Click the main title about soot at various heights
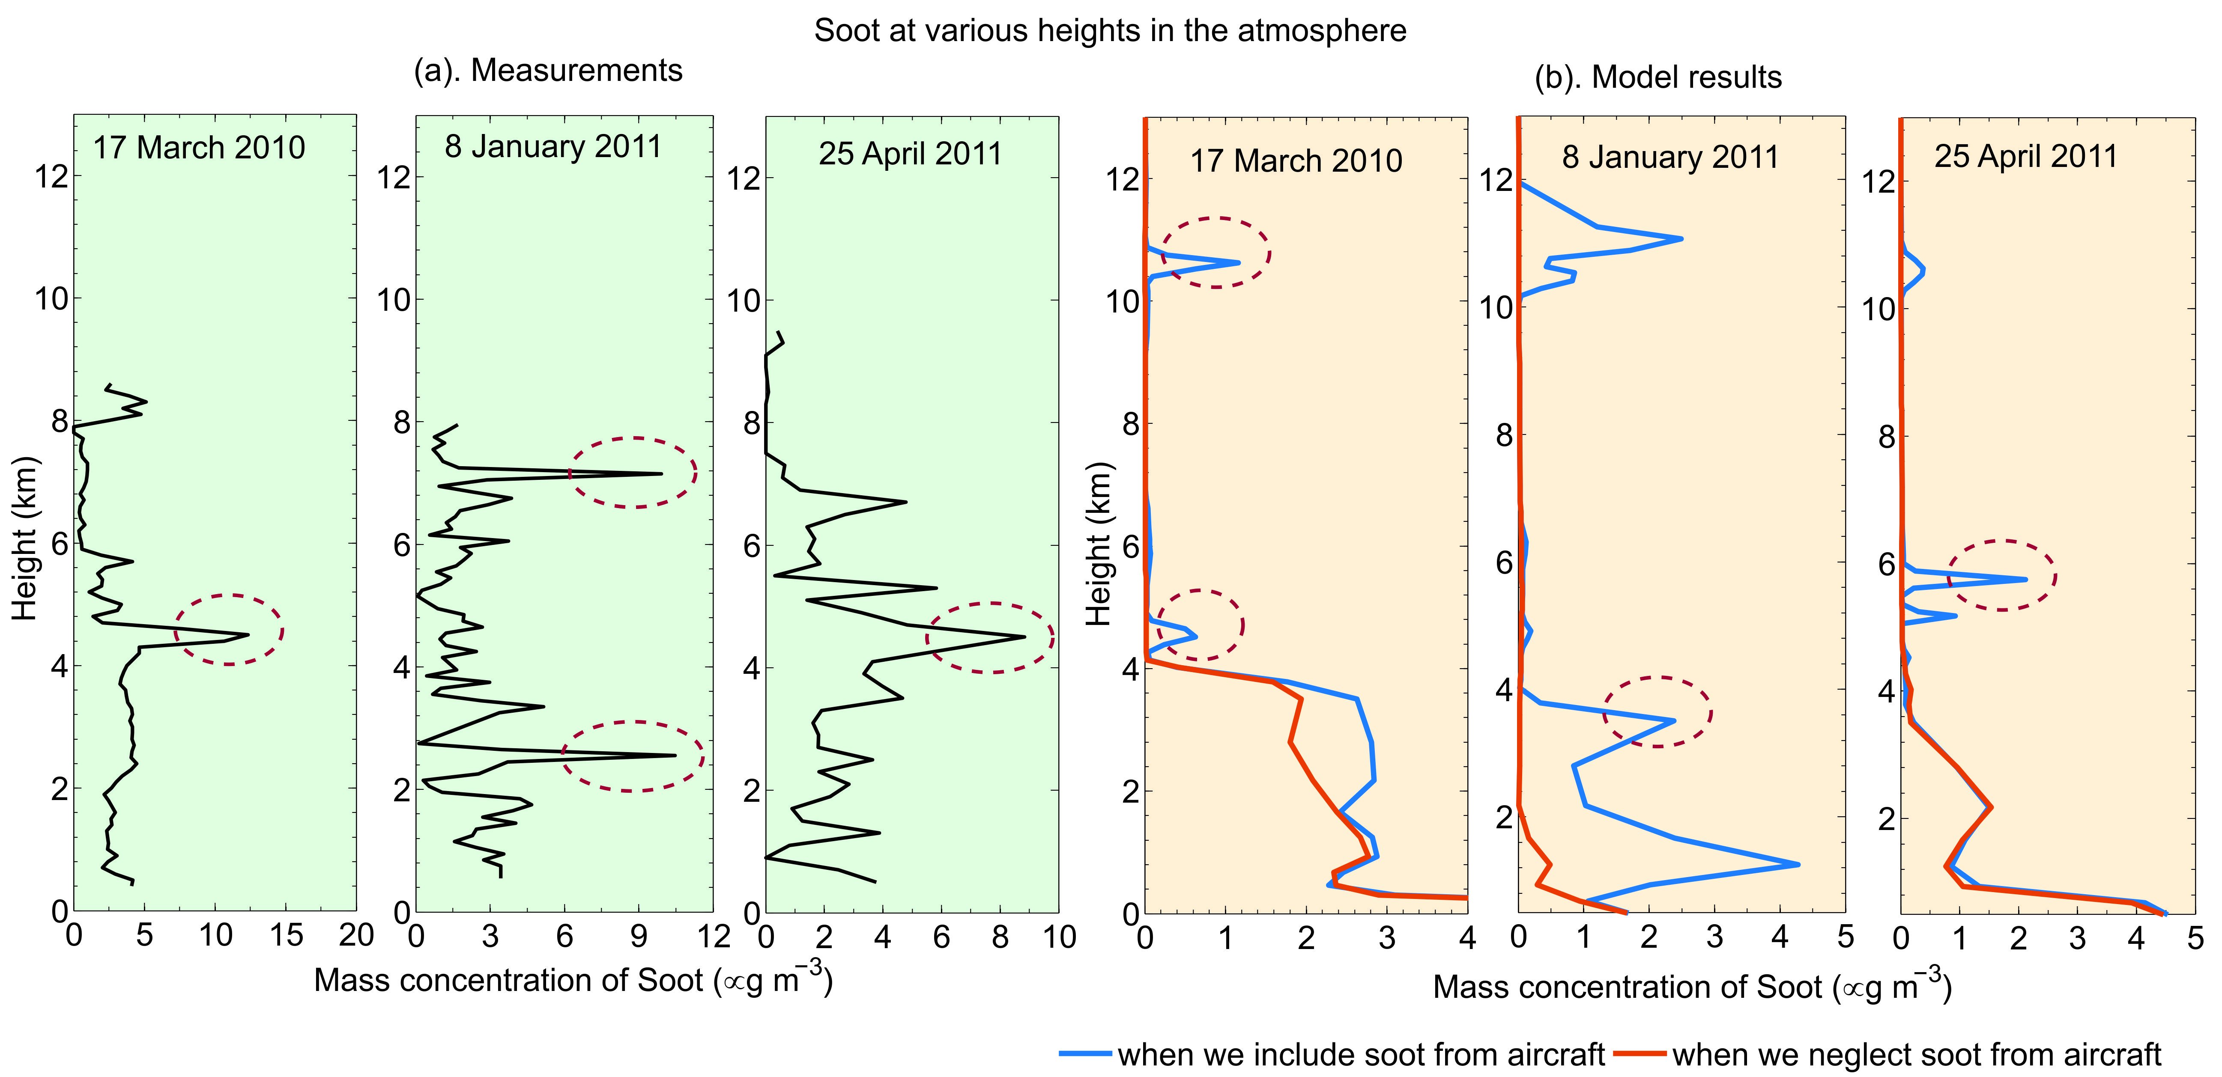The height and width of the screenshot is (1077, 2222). pos(1110,31)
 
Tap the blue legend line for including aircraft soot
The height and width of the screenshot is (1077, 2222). pos(1085,1054)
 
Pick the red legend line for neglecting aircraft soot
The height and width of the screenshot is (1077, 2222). pos(1639,1054)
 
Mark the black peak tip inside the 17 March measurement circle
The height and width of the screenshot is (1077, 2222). pos(248,635)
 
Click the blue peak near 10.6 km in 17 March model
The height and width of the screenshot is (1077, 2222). pos(1239,262)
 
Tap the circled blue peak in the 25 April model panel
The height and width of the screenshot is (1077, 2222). pos(2025,579)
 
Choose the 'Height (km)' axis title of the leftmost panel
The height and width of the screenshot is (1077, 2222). pos(26,539)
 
